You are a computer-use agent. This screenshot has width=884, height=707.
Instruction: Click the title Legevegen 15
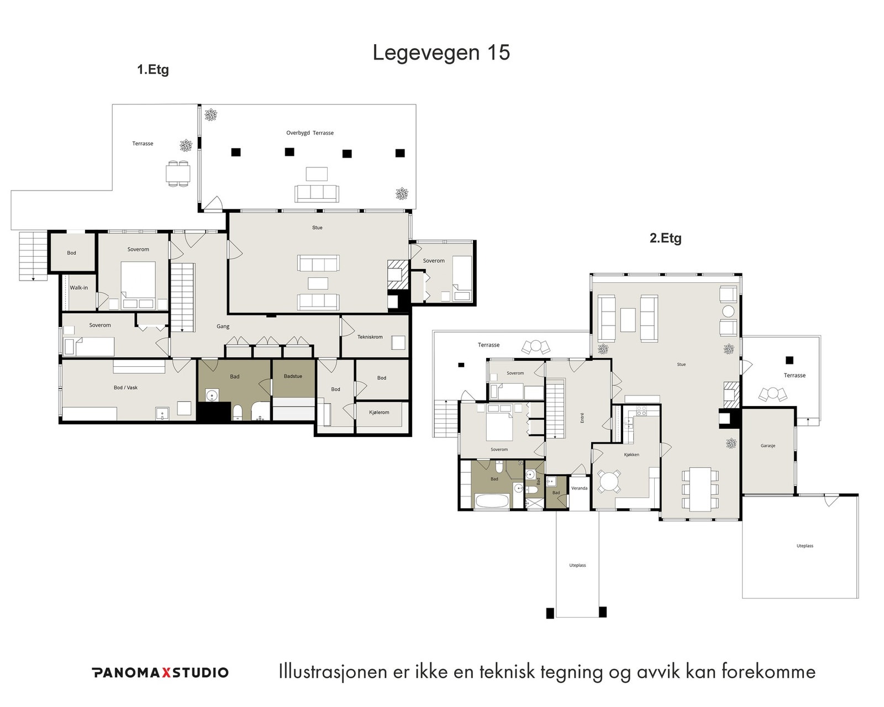441,53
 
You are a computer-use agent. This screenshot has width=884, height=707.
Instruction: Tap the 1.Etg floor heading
153,70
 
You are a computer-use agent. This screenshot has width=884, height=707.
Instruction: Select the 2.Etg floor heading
665,238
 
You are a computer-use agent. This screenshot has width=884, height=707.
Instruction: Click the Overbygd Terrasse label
310,133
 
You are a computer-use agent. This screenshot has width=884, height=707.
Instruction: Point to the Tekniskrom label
370,337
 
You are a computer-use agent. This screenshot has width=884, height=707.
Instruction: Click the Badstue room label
293,376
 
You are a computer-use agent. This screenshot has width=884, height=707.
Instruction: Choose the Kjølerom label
379,412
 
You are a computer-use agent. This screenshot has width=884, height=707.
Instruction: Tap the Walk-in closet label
78,288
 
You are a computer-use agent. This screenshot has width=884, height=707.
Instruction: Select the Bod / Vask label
125,387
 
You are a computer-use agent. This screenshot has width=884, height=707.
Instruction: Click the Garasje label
768,446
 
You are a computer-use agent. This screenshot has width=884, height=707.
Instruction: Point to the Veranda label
579,488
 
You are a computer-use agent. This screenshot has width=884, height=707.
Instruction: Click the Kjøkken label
632,455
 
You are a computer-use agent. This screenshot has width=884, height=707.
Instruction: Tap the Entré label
582,418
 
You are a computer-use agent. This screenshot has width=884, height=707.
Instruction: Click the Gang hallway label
223,326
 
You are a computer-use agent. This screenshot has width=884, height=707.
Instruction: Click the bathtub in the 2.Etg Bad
492,501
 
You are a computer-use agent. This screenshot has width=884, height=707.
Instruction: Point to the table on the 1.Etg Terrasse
178,174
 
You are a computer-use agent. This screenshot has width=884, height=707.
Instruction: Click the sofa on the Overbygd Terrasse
317,193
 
